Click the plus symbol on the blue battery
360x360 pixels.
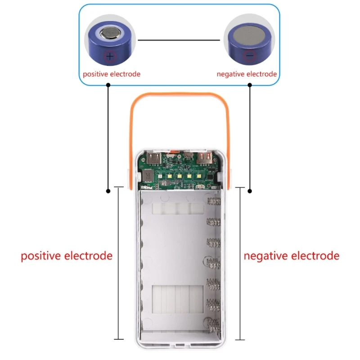[110, 56]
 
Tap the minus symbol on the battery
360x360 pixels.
[250, 56]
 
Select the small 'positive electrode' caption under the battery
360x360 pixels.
[111, 74]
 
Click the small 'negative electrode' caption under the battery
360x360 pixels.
[247, 74]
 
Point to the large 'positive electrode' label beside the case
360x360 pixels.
[67, 256]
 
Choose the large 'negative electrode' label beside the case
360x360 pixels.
[292, 256]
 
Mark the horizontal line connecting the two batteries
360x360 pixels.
[179, 40]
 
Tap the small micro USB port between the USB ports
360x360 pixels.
[185, 158]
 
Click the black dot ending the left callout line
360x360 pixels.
[108, 191]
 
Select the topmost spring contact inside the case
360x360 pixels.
[212, 201]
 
